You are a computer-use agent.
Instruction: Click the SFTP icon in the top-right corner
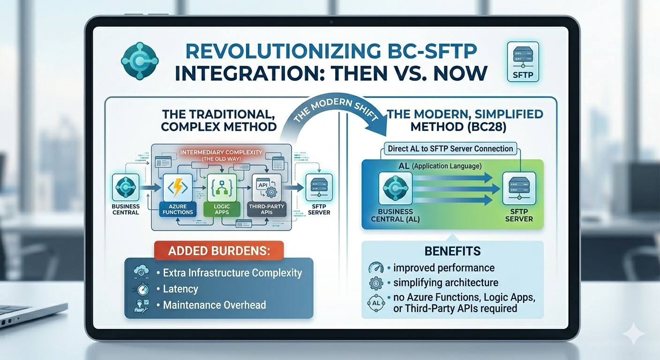click(523, 62)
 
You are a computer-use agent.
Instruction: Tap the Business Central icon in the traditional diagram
click(126, 187)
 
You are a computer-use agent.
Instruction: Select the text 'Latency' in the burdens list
click(180, 289)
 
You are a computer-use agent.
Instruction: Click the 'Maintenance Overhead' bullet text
click(214, 305)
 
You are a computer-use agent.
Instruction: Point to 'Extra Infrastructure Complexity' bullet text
click(232, 273)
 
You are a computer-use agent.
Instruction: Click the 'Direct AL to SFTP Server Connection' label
click(450, 149)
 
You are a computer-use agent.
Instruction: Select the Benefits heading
click(452, 251)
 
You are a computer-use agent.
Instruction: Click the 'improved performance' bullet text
click(443, 268)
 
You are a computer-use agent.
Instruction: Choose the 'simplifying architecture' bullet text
click(445, 283)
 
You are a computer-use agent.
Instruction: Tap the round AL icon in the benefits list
click(376, 303)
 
